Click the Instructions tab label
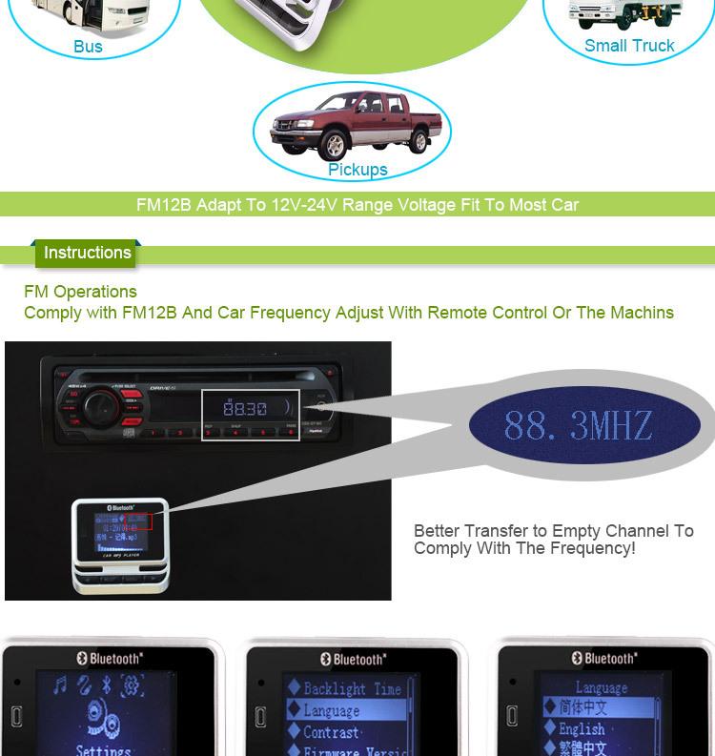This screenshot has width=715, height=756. click(x=87, y=253)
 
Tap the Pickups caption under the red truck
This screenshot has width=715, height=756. click(x=357, y=170)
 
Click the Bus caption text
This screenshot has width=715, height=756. click(x=88, y=47)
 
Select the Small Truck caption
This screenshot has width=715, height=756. click(x=629, y=46)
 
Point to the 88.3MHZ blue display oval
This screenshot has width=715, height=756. click(x=583, y=424)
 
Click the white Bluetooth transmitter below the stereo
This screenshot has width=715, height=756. click(x=120, y=545)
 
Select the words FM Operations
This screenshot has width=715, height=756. click(x=80, y=292)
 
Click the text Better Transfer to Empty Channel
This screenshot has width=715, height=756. click(x=553, y=531)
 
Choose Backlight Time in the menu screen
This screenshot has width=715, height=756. click(x=351, y=687)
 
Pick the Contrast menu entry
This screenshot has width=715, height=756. click(x=331, y=733)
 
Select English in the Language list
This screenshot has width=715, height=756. click(x=582, y=729)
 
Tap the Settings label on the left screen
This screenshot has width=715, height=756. click(x=103, y=749)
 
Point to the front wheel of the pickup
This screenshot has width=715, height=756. click(x=334, y=147)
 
